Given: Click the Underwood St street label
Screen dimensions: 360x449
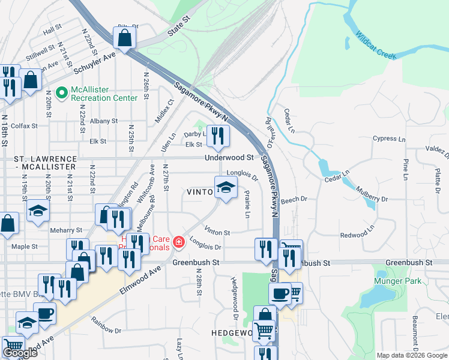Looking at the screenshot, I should pyautogui.click(x=229, y=157).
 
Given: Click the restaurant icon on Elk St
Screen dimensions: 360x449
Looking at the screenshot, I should pyautogui.click(x=217, y=137).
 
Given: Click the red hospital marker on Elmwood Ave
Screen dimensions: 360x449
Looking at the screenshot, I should pyautogui.click(x=178, y=242).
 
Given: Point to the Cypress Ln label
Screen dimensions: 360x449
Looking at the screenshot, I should pyautogui.click(x=388, y=139).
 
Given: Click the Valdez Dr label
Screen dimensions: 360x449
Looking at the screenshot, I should pyautogui.click(x=436, y=151).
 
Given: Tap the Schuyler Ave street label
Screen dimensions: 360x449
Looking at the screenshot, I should pyautogui.click(x=94, y=63).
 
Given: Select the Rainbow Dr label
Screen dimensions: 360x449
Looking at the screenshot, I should pyautogui.click(x=106, y=329).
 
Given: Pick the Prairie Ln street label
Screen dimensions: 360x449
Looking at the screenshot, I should pyautogui.click(x=247, y=204).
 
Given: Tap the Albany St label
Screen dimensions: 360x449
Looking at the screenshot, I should pyautogui.click(x=104, y=121).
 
